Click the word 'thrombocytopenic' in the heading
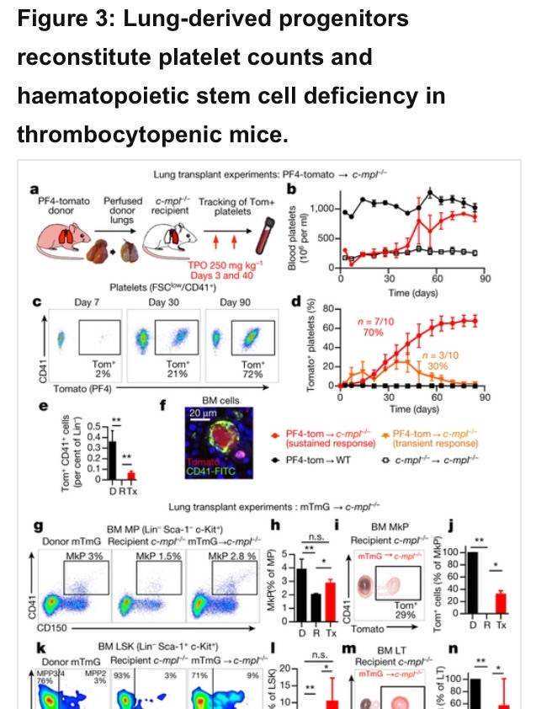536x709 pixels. pyautogui.click(x=93, y=134)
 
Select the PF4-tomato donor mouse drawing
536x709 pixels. pyautogui.click(x=58, y=238)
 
